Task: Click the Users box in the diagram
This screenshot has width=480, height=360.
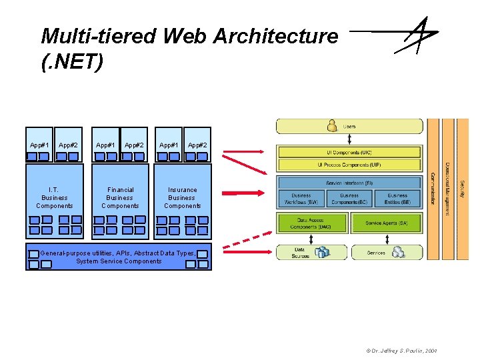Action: click(x=349, y=126)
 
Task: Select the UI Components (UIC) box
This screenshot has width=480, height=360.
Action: click(x=349, y=152)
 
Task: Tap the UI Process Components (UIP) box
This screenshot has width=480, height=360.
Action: click(x=349, y=165)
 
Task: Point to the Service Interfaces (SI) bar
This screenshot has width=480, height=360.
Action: click(x=349, y=183)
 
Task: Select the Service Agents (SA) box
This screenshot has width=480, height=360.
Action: click(x=387, y=223)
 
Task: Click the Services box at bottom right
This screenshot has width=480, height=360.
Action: click(x=387, y=253)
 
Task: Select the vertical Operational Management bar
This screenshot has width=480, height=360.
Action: click(x=447, y=189)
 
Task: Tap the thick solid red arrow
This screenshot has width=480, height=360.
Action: click(x=243, y=193)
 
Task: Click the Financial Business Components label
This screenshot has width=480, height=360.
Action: click(x=120, y=198)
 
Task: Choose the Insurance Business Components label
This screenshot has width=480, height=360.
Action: click(x=182, y=198)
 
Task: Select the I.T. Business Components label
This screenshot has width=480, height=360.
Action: click(x=55, y=198)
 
